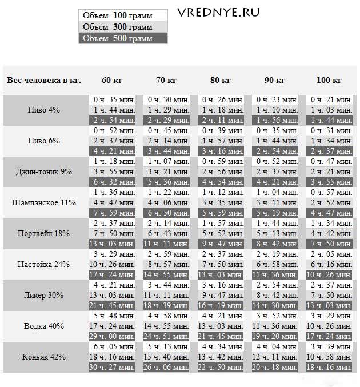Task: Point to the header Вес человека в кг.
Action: click(44, 80)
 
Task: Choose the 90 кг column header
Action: click(275, 80)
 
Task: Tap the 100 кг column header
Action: click(330, 80)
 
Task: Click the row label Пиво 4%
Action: click(44, 110)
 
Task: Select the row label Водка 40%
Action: click(44, 326)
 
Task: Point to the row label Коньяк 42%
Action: click(44, 357)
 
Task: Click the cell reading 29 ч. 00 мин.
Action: click(112, 336)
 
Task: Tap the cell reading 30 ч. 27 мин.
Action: click(112, 367)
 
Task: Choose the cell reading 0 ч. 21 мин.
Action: click(330, 99)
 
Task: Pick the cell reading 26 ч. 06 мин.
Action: click(166, 367)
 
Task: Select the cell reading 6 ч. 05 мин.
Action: click(112, 346)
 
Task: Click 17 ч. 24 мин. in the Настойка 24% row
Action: click(112, 274)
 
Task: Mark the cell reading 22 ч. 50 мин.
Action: click(221, 367)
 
